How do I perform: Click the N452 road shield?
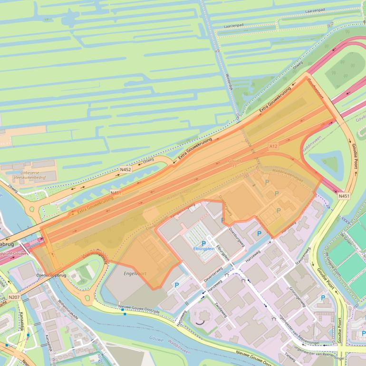125,169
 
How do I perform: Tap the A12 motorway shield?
273,146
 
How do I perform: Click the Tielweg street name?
289,356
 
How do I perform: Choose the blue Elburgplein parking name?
204,249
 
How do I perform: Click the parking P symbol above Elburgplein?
204,243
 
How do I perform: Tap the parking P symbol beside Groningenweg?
323,298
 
